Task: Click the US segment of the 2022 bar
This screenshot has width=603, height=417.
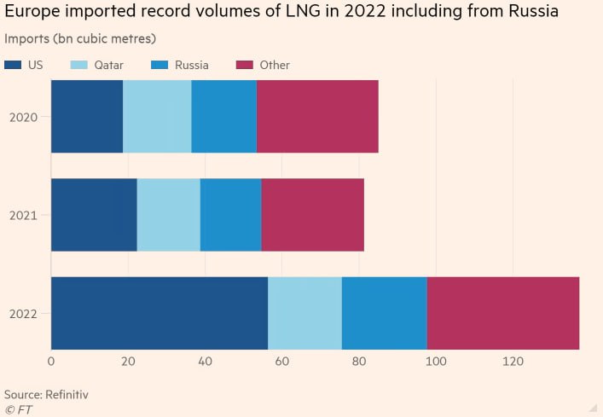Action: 159,313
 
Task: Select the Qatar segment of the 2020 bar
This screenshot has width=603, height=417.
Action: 157,116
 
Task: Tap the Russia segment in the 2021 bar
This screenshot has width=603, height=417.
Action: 230,215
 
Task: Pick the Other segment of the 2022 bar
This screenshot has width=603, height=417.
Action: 502,313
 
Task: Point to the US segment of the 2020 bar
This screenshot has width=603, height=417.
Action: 87,116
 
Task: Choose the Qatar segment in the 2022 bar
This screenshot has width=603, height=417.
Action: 304,313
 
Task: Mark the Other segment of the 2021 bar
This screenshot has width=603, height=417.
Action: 312,215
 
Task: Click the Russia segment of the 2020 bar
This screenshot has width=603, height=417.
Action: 223,116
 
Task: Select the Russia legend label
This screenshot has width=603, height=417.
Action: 191,65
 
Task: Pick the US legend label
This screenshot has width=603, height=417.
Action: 36,65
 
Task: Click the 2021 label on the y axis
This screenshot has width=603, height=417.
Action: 23,216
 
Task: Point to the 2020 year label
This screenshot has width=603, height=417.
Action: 23,117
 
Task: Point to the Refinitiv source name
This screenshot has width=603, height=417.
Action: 67,395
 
